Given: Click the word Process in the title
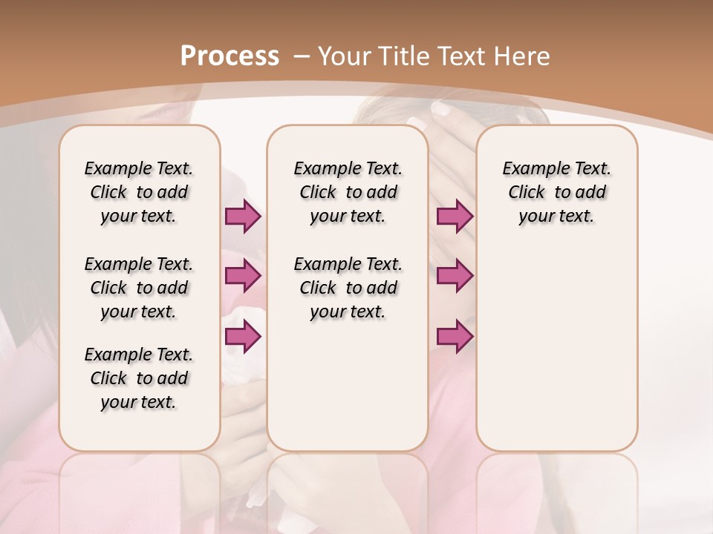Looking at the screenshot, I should pyautogui.click(x=229, y=56).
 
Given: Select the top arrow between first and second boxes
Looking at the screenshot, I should pyautogui.click(x=243, y=217).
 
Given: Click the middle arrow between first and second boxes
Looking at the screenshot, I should pyautogui.click(x=243, y=277).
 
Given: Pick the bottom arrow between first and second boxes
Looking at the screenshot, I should pyautogui.click(x=243, y=337).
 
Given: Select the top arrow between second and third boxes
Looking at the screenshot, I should pyautogui.click(x=455, y=217).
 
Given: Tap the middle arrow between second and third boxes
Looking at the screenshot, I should pyautogui.click(x=455, y=277).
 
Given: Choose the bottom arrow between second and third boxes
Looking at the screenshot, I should pyautogui.click(x=455, y=337).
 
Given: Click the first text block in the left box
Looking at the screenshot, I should pyautogui.click(x=139, y=192).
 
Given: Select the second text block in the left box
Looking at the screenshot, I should pyautogui.click(x=139, y=288).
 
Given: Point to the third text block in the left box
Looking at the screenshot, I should pyautogui.click(x=139, y=378).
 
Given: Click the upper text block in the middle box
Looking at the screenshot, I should pyautogui.click(x=348, y=192).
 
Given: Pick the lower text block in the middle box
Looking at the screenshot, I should pyautogui.click(x=348, y=288).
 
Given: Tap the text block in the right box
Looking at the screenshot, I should pyautogui.click(x=556, y=192).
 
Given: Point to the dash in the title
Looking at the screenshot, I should pyautogui.click(x=302, y=56).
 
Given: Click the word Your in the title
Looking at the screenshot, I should pyautogui.click(x=345, y=56).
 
